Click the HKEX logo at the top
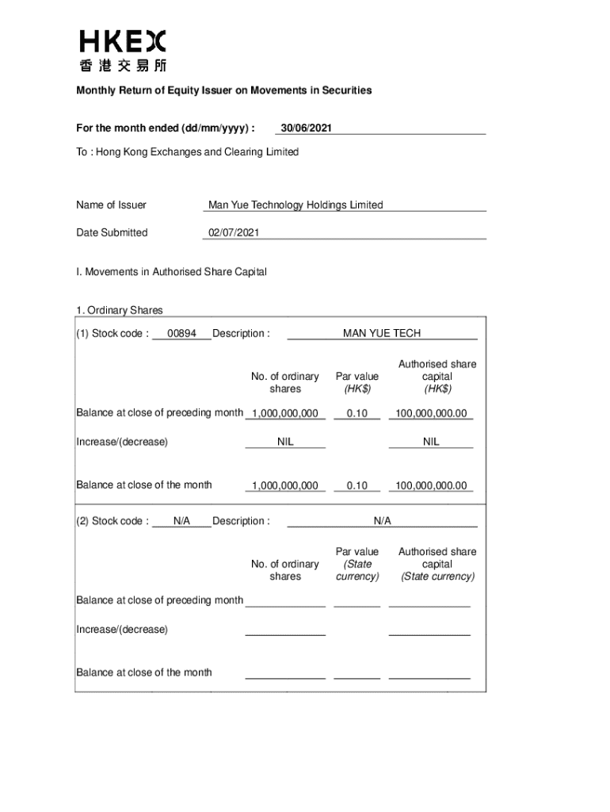tap(123, 51)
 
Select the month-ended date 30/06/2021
tap(306, 128)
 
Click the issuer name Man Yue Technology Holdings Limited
tap(295, 205)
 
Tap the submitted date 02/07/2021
tap(233, 233)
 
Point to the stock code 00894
tap(182, 334)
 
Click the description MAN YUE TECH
tap(382, 334)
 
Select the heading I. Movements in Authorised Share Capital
tap(171, 272)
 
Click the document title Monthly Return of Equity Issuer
tap(223, 90)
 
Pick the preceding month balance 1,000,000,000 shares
tap(285, 414)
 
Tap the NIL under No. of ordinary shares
tap(285, 442)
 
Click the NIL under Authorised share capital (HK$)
tap(431, 442)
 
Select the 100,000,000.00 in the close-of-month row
tap(431, 486)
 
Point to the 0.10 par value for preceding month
tap(357, 414)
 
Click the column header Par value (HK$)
tap(357, 383)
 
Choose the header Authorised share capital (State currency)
tap(437, 564)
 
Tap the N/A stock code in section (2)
tap(182, 521)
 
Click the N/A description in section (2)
tap(383, 521)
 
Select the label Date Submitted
tap(112, 233)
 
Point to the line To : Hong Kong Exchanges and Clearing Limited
tap(187, 151)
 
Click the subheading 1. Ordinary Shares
tap(120, 310)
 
